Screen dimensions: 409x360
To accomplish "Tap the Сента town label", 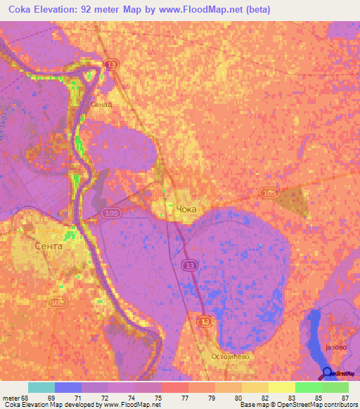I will pyautogui.click(x=49, y=247).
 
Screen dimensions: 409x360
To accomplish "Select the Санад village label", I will pyautogui.click(x=101, y=104).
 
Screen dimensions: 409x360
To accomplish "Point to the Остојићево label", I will pyautogui.click(x=230, y=356).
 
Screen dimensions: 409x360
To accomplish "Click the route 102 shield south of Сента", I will pyautogui.click(x=56, y=301).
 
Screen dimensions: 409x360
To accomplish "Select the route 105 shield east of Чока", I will pyautogui.click(x=268, y=192).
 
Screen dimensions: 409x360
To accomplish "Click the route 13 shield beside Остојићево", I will pyautogui.click(x=203, y=320).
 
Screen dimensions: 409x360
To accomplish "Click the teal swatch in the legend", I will pyautogui.click(x=41, y=387).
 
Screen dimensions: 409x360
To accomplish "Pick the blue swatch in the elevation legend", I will pyautogui.click(x=68, y=387).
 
